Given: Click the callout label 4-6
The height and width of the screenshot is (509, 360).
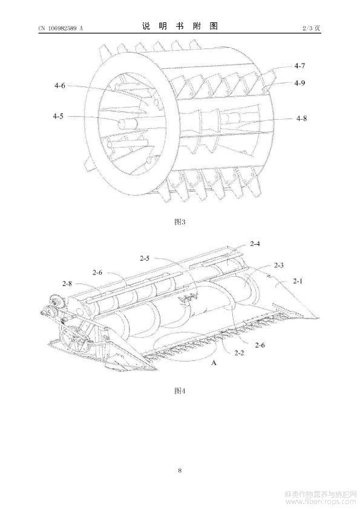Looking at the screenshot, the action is [60, 86].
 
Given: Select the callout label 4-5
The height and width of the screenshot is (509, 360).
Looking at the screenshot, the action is [59, 116].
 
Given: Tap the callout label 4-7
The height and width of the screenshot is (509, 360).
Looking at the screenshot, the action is [299, 65].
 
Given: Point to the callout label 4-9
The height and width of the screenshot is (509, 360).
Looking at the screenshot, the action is [299, 83].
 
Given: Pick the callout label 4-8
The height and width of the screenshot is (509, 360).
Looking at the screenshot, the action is [301, 118].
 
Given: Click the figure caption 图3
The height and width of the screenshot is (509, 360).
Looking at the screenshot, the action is [180, 222].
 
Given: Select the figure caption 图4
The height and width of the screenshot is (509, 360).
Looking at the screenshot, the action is [180, 391].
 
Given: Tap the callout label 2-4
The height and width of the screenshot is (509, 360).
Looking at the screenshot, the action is [255, 244].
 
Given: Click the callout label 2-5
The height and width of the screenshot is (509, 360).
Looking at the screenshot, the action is [145, 258].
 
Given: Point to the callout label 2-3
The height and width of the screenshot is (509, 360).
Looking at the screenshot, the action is [278, 265].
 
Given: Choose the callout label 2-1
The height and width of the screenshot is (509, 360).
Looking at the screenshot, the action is [297, 280].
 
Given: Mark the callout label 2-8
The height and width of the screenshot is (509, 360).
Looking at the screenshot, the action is [67, 284].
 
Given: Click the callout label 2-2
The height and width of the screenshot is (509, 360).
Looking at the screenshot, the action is [239, 353].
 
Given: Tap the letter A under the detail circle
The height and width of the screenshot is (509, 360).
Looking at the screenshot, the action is [214, 363].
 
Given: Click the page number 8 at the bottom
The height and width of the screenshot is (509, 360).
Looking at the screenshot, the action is [180, 470].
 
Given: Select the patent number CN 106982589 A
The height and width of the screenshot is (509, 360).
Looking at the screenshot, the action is [61, 28].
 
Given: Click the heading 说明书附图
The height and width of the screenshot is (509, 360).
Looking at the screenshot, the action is [180, 26].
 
